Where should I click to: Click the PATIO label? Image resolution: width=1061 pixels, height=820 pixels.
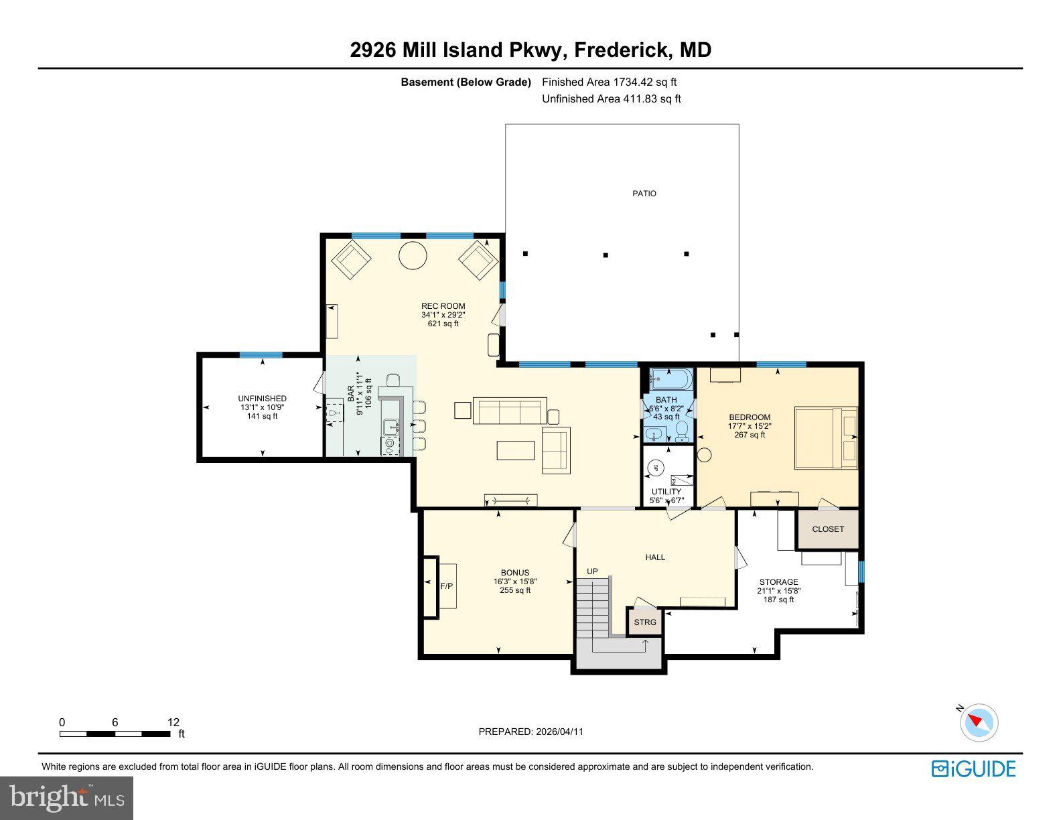[644, 194]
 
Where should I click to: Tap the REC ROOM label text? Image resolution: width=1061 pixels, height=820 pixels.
[443, 306]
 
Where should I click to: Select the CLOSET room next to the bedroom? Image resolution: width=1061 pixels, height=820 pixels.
[828, 529]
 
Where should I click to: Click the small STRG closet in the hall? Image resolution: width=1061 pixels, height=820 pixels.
[645, 622]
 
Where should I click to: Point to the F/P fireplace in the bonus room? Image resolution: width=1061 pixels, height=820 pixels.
[445, 586]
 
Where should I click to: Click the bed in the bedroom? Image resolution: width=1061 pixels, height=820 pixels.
[825, 437]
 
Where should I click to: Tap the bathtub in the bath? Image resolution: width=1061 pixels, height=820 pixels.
[670, 380]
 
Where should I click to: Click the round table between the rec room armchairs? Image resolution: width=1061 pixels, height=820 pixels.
[413, 255]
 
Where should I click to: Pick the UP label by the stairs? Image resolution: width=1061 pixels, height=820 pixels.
[592, 571]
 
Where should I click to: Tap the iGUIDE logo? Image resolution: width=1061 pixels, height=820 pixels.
[973, 768]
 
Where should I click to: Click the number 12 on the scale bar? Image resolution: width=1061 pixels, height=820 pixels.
[173, 722]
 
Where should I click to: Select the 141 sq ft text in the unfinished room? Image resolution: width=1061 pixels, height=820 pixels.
[262, 416]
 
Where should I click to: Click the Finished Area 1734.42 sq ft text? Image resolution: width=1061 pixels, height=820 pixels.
[609, 82]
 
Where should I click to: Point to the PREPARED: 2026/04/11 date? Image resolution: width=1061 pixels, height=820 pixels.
[530, 732]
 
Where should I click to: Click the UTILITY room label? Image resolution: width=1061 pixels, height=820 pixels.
[666, 492]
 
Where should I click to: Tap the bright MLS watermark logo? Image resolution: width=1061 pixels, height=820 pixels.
[67, 798]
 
